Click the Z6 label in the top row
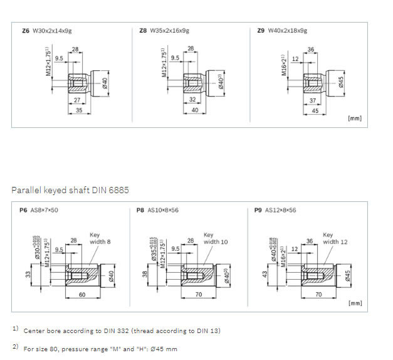[x=25, y=29]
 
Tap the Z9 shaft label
[x=261, y=29]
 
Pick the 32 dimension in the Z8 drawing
[x=193, y=99]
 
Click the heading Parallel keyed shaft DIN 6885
[x=70, y=189]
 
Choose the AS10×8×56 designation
[x=164, y=210]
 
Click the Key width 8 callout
[x=100, y=238]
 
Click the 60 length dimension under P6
[x=83, y=294]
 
